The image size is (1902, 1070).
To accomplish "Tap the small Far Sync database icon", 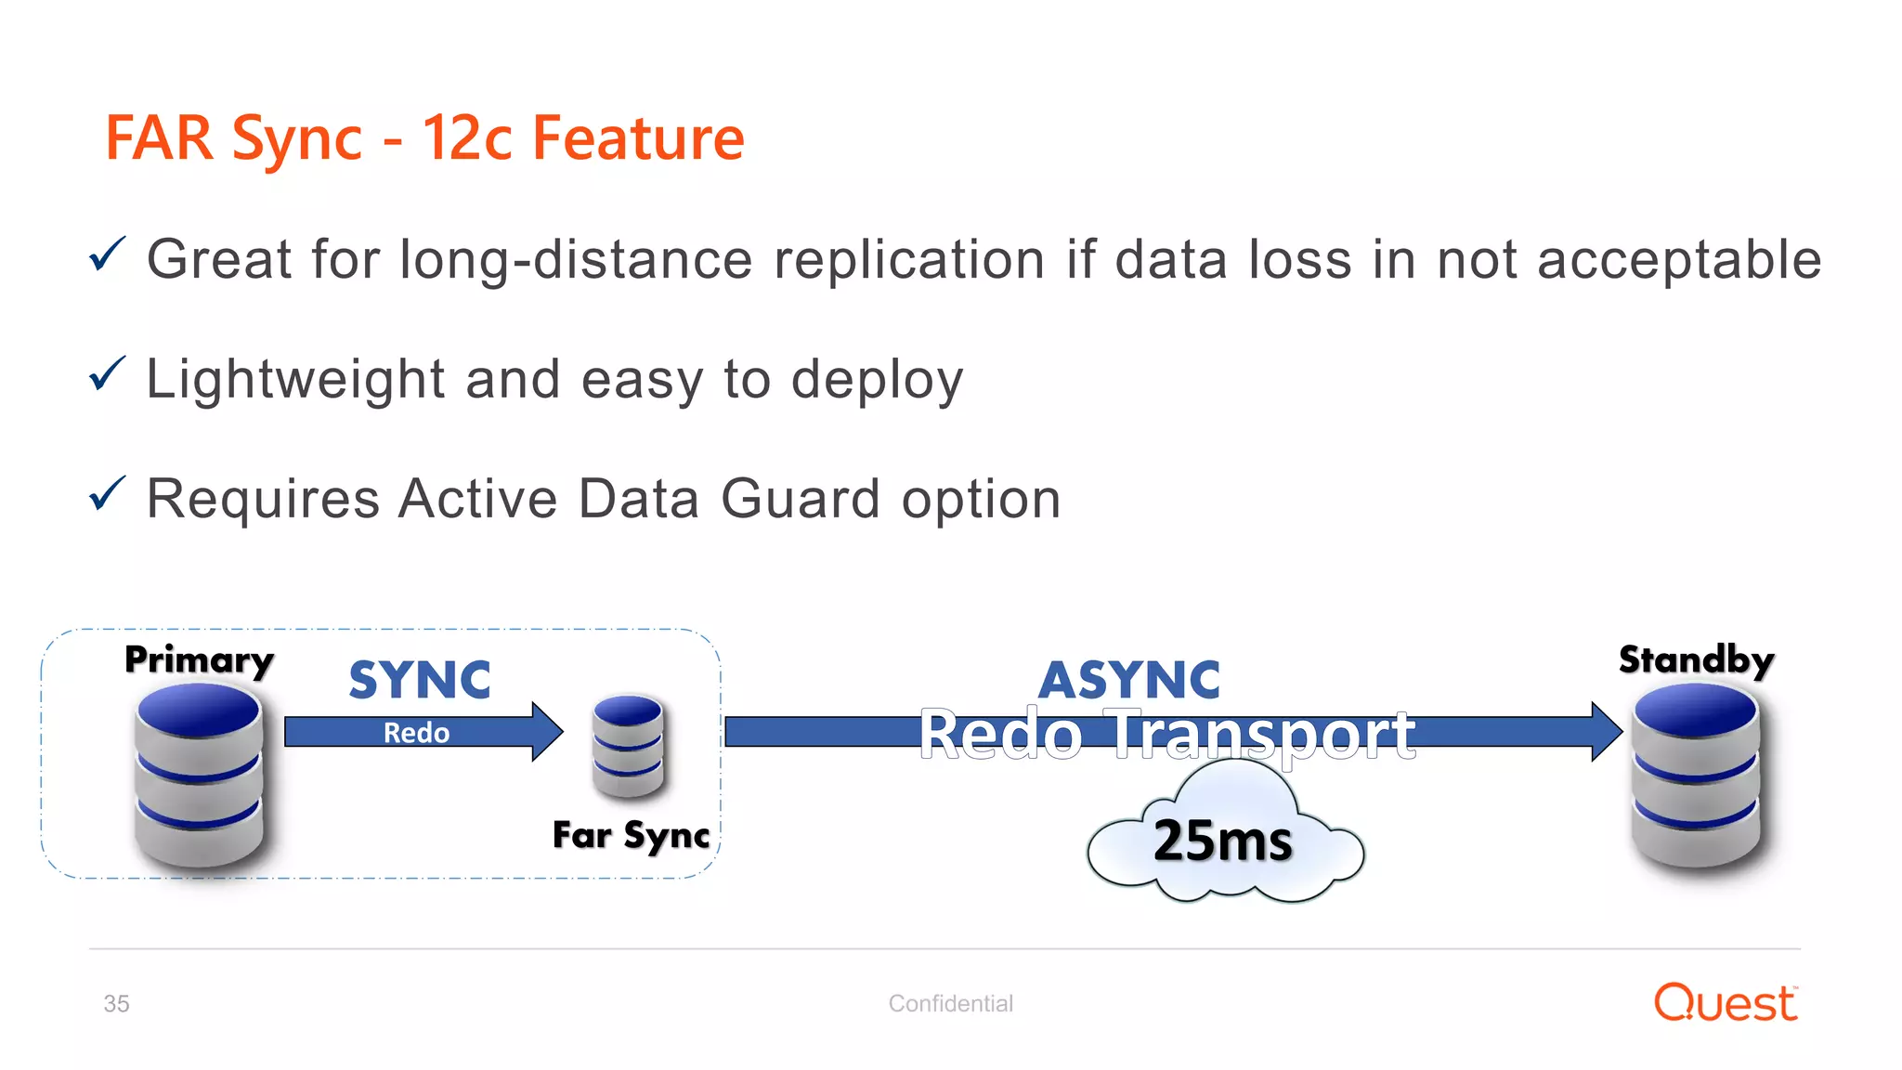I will coord(628,745).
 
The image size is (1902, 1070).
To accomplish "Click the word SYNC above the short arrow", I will coord(420,680).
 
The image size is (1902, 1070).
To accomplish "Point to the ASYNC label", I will coord(1128,680).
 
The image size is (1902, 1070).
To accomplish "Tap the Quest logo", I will coord(1726,1003).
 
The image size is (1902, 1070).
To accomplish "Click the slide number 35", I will coord(116,1004).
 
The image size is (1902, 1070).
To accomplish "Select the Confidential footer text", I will coord(950,1003).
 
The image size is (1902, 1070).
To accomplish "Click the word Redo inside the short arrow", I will coord(416,733).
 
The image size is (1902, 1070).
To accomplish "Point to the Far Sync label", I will coord(631,835).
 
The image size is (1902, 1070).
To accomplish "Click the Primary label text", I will coord(199,660).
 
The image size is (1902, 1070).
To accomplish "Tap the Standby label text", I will coord(1696,659).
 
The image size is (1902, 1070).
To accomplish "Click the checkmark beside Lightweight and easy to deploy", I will coord(107,374).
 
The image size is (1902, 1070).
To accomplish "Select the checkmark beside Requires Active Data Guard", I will coord(107,494).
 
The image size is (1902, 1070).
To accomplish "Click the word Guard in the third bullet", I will coord(800,499).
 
